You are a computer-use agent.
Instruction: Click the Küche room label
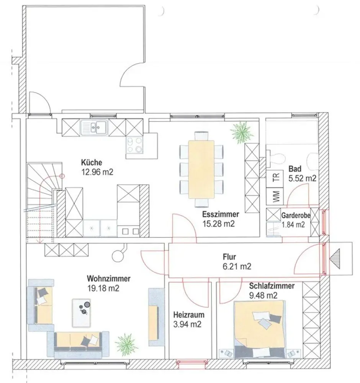pyautogui.click(x=92, y=162)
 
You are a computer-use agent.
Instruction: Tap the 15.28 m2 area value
pyautogui.click(x=219, y=224)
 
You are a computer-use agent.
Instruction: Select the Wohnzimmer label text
pyautogui.click(x=109, y=278)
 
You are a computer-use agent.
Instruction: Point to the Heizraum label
pyautogui.click(x=189, y=314)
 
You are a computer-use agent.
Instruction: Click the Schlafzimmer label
pyautogui.click(x=272, y=286)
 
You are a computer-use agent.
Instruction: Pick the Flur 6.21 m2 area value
pyautogui.click(x=237, y=266)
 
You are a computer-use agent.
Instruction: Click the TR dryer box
pyautogui.click(x=275, y=179)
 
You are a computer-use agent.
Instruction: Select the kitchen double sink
pyautogui.click(x=94, y=128)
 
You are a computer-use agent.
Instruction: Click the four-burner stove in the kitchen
pyautogui.click(x=134, y=145)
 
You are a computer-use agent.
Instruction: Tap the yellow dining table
pyautogui.click(x=201, y=170)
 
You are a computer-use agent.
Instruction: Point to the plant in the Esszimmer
pyautogui.click(x=242, y=133)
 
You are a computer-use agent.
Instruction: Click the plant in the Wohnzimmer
pyautogui.click(x=126, y=345)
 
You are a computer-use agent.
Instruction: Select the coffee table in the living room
pyautogui.click(x=81, y=313)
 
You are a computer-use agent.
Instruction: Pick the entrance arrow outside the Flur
pyautogui.click(x=335, y=259)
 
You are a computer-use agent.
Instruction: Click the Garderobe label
pyautogui.click(x=296, y=216)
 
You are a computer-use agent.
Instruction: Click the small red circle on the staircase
pyautogui.click(x=62, y=176)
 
